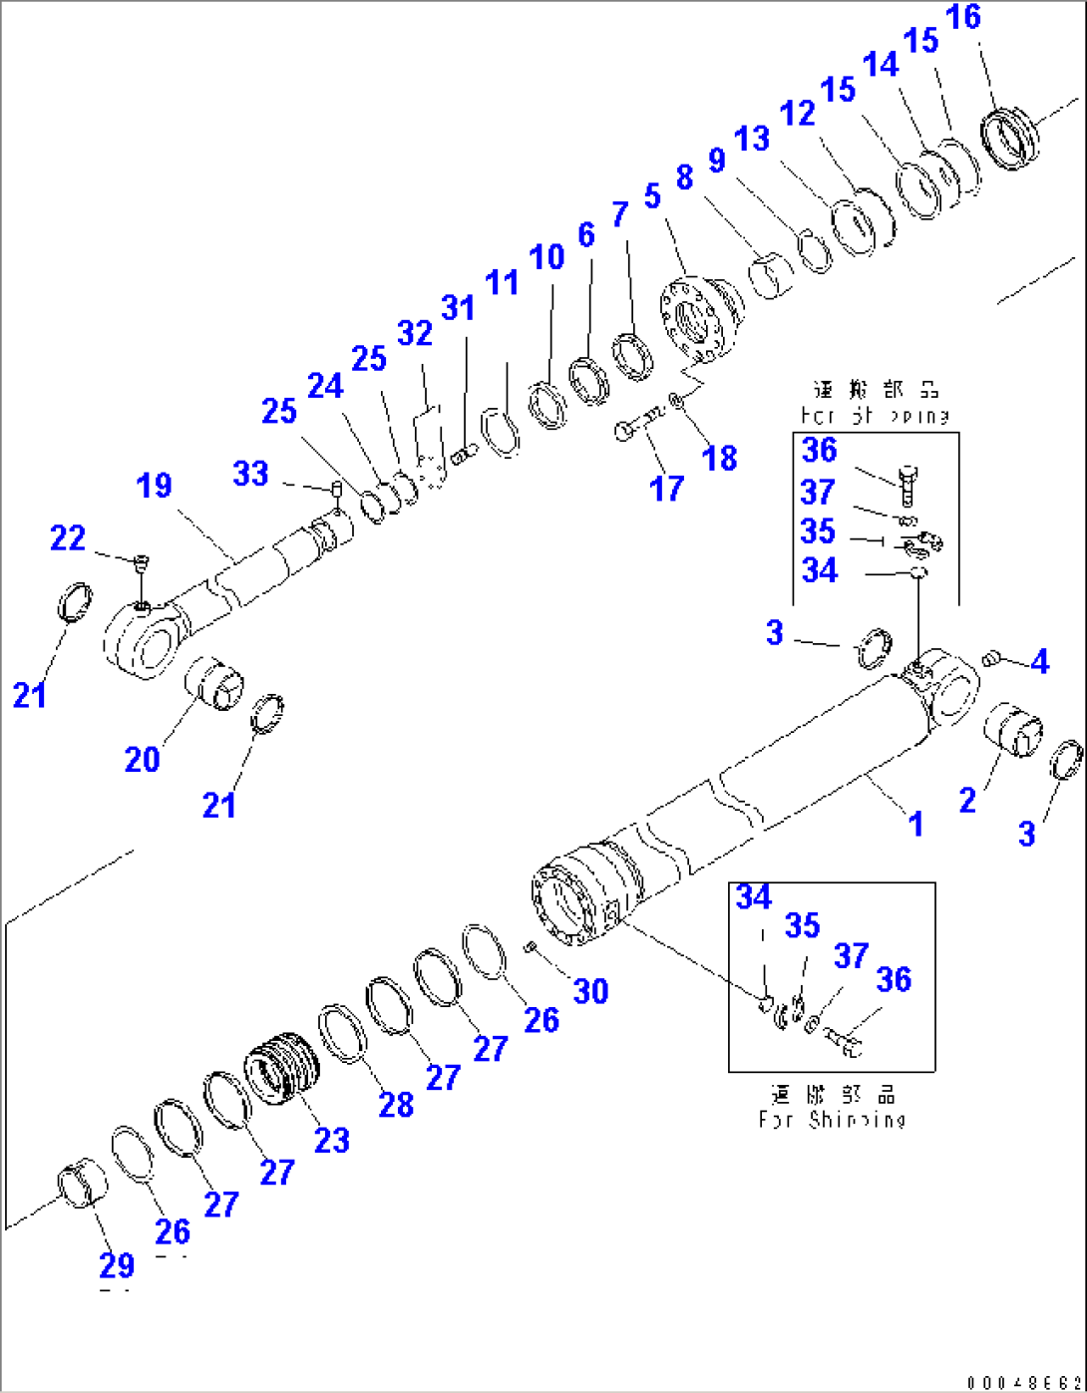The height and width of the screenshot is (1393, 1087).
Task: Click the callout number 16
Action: [963, 18]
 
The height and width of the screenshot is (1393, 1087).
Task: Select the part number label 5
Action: [652, 196]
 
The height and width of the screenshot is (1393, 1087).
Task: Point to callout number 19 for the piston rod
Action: [155, 486]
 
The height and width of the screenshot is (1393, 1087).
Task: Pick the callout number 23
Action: [332, 1140]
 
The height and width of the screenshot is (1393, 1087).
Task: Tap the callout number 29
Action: [117, 1264]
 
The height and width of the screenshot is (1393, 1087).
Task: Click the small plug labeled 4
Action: [990, 657]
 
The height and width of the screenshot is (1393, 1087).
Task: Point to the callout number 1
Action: [915, 824]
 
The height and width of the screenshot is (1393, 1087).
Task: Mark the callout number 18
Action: [720, 458]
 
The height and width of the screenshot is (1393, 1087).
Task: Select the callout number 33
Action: [250, 473]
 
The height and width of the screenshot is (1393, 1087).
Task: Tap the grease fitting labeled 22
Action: [141, 564]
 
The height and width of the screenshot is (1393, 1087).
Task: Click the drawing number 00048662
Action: [1022, 1382]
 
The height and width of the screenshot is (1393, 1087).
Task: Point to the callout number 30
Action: [590, 990]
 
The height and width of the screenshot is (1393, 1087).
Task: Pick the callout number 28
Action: [396, 1104]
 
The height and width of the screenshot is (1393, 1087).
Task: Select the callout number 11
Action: [502, 282]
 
